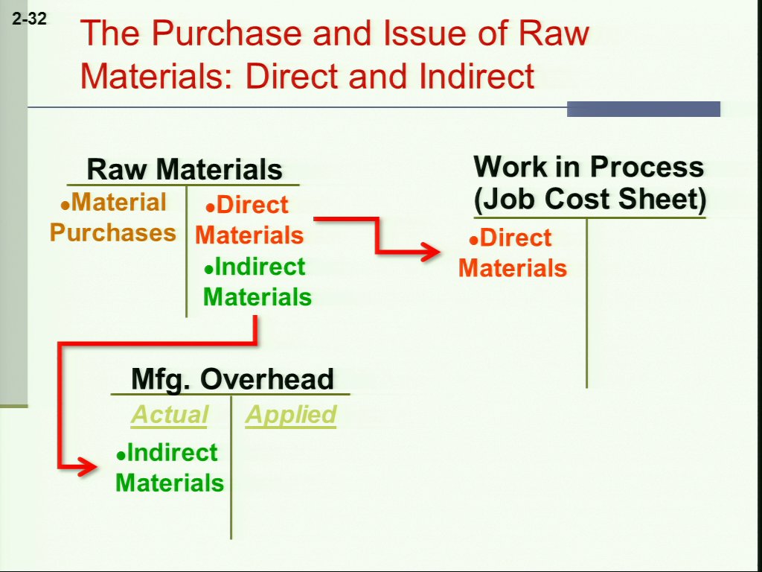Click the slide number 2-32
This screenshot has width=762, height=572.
coord(29,19)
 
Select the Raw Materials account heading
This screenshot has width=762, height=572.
coord(185,169)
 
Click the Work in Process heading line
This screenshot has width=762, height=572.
coord(589,166)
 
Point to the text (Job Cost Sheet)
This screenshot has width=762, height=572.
coord(589,198)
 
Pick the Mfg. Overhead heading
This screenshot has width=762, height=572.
coord(232,378)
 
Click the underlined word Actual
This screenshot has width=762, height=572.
coord(169,414)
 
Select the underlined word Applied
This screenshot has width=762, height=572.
coord(291,414)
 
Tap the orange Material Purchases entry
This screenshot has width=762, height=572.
coord(113,217)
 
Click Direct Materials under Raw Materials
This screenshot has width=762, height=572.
coord(249,220)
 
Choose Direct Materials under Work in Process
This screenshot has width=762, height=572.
coord(513,253)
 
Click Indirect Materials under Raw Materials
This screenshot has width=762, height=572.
coord(257,282)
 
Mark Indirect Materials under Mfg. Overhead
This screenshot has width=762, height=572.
coord(170,468)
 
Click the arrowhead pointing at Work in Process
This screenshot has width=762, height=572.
coord(431,252)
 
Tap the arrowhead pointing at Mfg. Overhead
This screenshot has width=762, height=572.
coord(89,468)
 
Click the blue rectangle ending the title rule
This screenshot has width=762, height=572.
coord(644,109)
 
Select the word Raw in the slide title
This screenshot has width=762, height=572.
coord(554,33)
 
